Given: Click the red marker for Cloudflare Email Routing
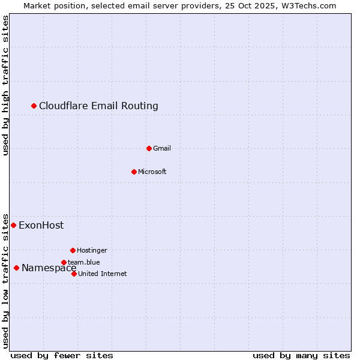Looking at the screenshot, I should pos(34,106).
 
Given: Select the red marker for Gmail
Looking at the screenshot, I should pos(149,148).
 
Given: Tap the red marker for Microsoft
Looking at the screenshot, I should pos(134,172).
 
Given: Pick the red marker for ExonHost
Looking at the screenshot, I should pos(13,225).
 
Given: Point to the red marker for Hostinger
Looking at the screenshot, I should pos(73,250).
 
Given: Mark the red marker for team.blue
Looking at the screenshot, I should pos(64,262).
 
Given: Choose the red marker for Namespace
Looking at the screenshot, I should pos(16,268).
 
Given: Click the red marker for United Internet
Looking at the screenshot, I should pos(74,274).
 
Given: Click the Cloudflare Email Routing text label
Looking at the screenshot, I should pos(98,106).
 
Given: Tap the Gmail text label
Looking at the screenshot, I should pos(162,148).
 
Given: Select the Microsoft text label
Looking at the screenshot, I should pos(152,172).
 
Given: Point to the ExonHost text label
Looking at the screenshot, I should pos(41,226).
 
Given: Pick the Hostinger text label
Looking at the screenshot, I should pos(92,250).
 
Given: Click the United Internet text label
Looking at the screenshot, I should pos(103,274).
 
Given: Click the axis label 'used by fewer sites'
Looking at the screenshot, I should pos(62,355).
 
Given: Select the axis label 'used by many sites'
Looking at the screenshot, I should pos(301,355).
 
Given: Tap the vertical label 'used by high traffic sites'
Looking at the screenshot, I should pos(5,86).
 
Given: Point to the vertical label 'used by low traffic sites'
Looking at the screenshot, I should pos(5,280).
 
